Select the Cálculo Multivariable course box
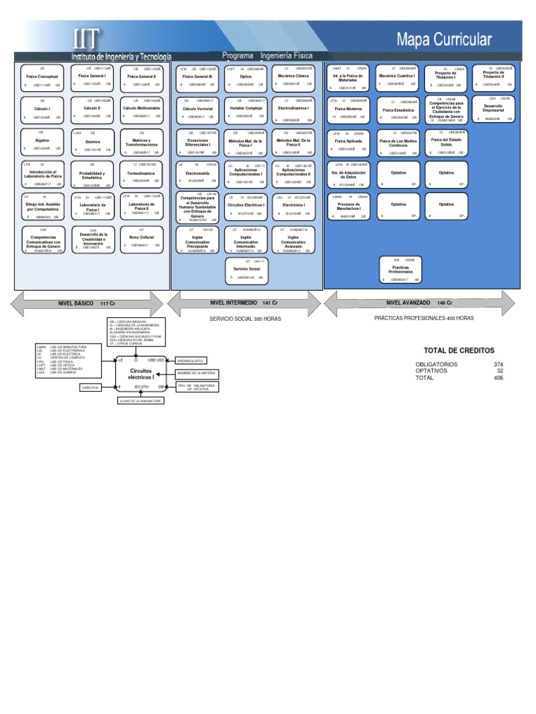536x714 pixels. coord(142,109)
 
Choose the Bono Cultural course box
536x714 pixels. coord(142,238)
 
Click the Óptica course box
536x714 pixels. coord(246,77)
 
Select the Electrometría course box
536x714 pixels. coord(198,173)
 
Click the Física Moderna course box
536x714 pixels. coord(350,110)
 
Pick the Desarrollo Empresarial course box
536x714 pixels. coord(493,107)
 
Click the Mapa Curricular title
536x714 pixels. coord(444,39)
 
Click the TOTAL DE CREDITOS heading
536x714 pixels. coord(459,350)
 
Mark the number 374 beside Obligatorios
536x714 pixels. coord(498,364)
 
